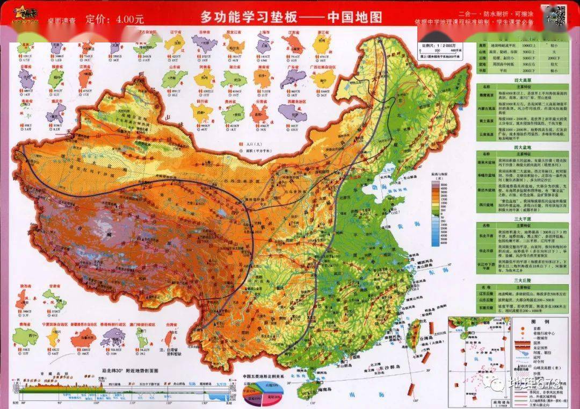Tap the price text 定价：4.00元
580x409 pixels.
[x=114, y=19]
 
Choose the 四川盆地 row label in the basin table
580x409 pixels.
[x=487, y=205]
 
